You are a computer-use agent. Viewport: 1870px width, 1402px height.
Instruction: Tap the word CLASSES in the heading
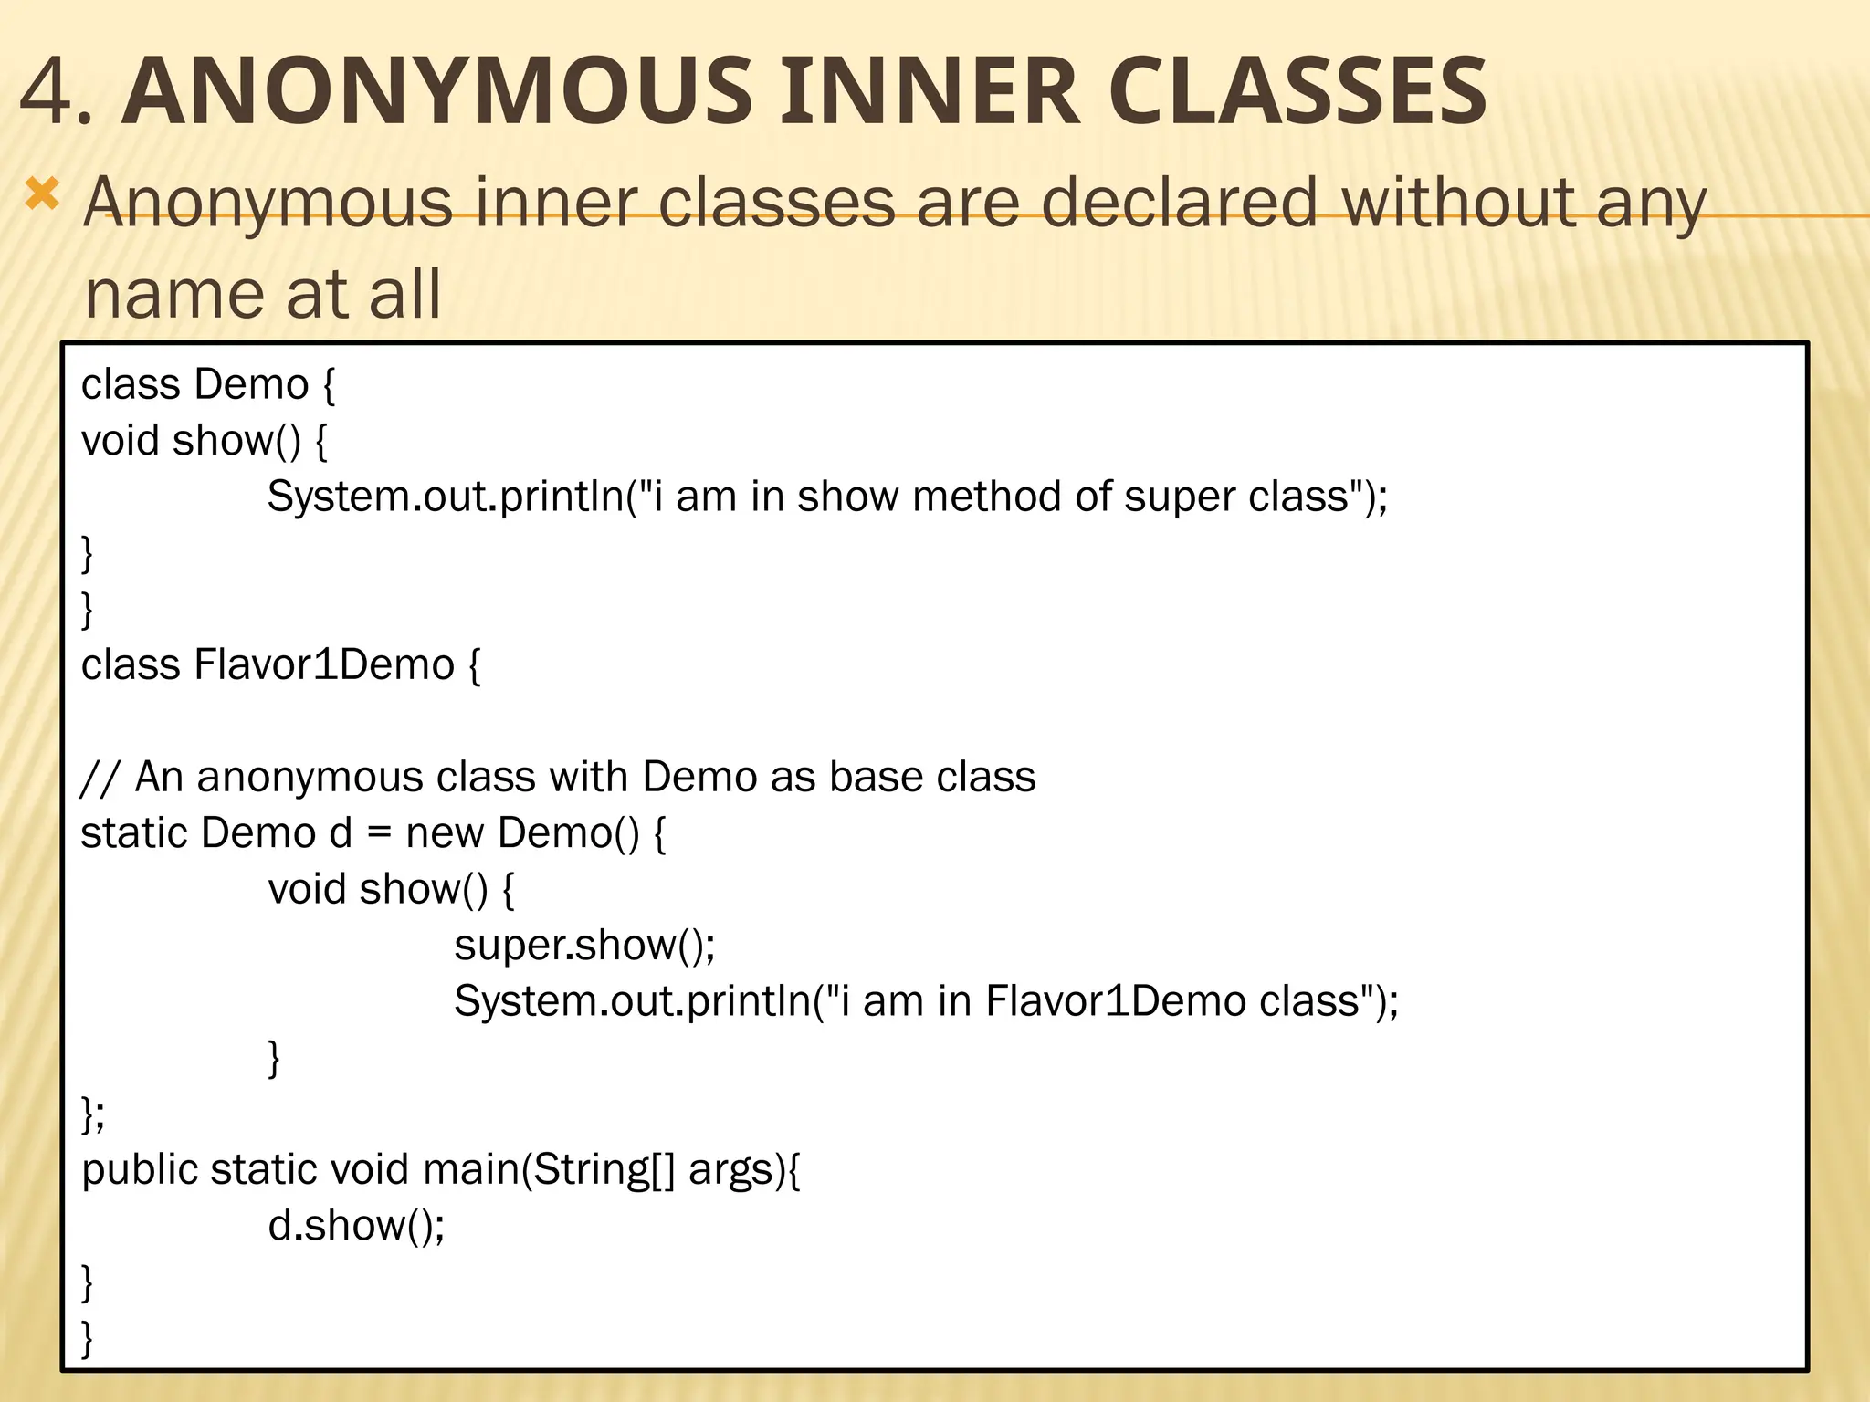(1297, 91)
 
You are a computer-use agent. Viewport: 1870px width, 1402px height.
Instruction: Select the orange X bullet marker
(42, 195)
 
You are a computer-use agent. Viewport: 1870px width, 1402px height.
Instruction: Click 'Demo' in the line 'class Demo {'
(251, 384)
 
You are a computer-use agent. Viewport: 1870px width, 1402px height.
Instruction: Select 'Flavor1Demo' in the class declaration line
(324, 664)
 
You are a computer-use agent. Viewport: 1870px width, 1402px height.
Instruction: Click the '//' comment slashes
(99, 778)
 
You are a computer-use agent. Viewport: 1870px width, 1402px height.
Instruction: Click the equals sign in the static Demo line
(378, 833)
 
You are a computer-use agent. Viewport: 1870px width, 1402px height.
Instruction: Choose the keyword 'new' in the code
(444, 833)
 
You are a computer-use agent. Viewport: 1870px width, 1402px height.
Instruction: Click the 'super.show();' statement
(584, 945)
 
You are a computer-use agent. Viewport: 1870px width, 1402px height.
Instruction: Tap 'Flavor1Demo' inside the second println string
(1115, 1001)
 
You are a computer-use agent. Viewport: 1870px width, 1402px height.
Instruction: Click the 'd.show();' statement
(356, 1226)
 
